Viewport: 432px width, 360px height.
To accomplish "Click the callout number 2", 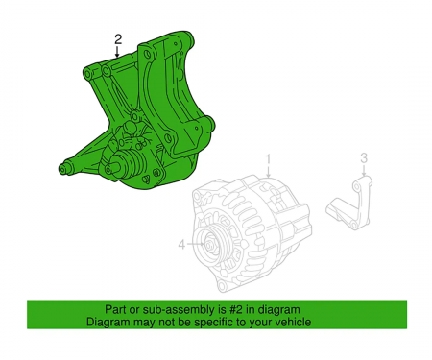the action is (x=118, y=39).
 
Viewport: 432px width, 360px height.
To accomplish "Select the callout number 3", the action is (x=363, y=157).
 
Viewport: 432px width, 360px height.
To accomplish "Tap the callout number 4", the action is (x=180, y=244).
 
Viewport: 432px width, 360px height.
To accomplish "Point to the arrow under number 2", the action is (x=118, y=54).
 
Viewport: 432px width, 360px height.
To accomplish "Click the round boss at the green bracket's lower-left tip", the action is (x=64, y=170).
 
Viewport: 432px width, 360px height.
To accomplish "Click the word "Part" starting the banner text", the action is (x=115, y=310).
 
